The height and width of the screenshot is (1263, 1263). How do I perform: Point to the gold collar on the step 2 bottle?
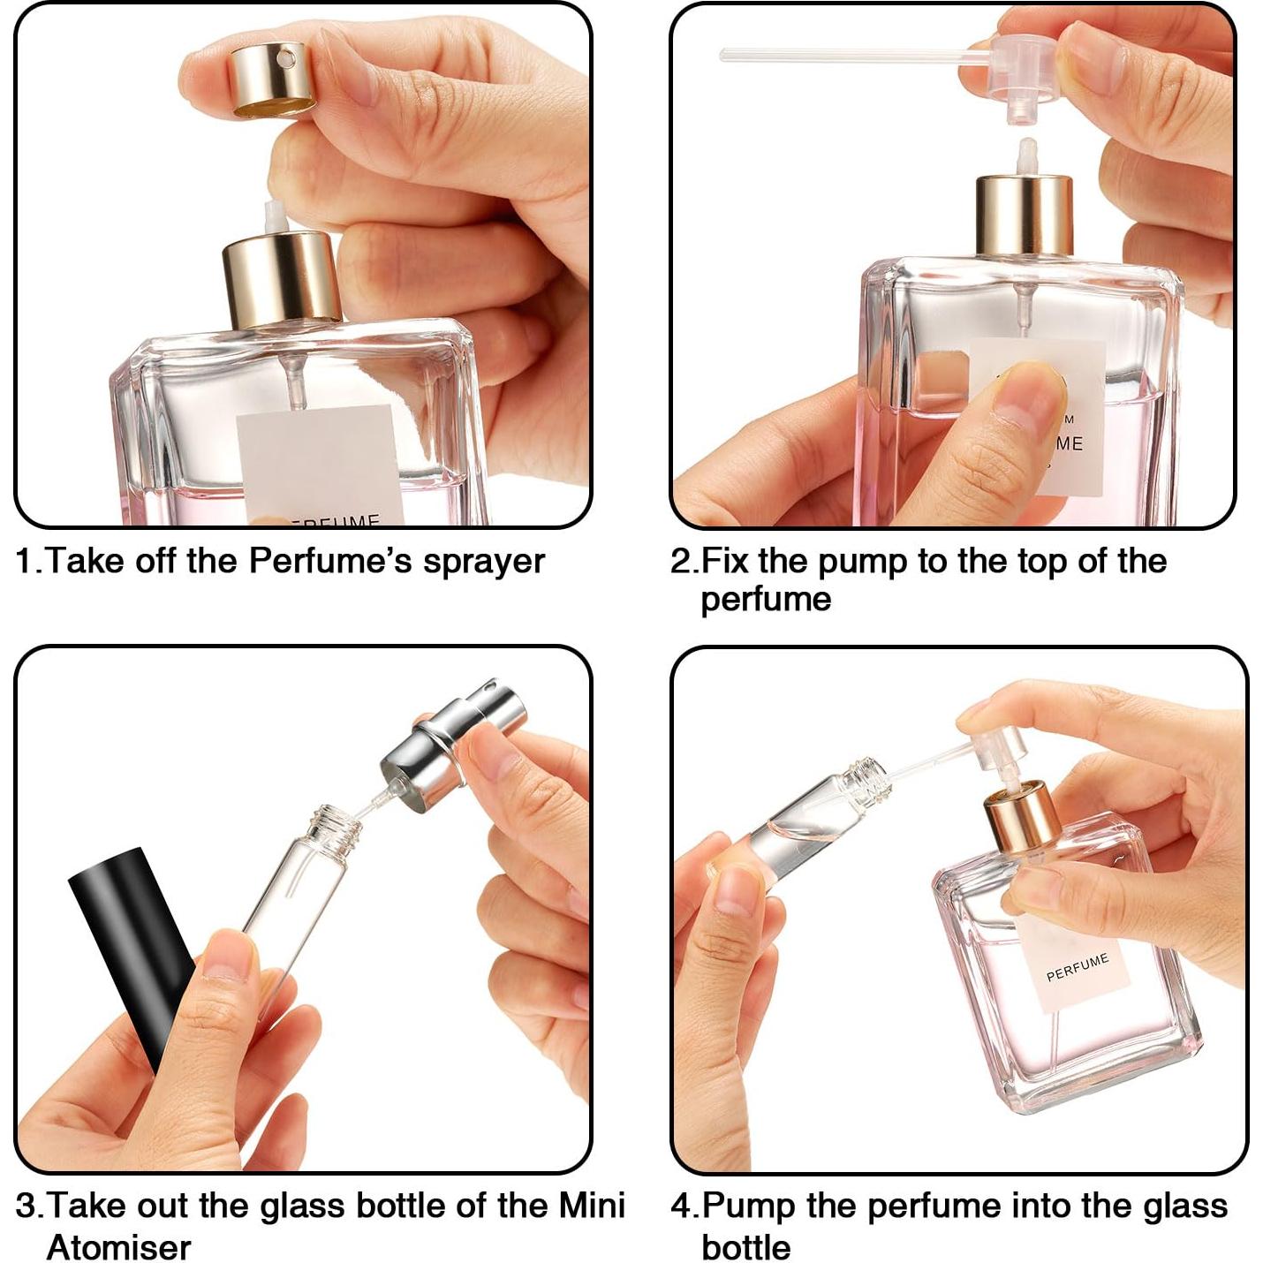coord(1024,216)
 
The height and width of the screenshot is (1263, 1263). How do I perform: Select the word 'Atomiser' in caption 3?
coord(118,1247)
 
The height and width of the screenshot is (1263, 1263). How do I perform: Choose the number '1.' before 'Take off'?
coord(28,562)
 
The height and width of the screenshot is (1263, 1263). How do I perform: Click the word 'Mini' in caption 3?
coord(592,1206)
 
